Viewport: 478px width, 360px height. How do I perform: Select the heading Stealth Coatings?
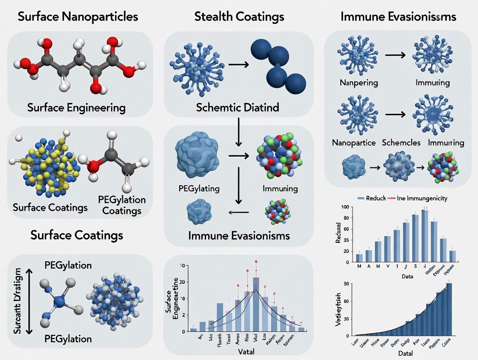239,17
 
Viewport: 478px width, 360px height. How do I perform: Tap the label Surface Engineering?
76,107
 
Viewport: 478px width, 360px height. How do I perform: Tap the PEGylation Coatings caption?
122,205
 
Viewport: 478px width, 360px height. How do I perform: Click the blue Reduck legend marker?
361,198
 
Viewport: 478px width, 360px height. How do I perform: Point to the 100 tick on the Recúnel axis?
345,207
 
